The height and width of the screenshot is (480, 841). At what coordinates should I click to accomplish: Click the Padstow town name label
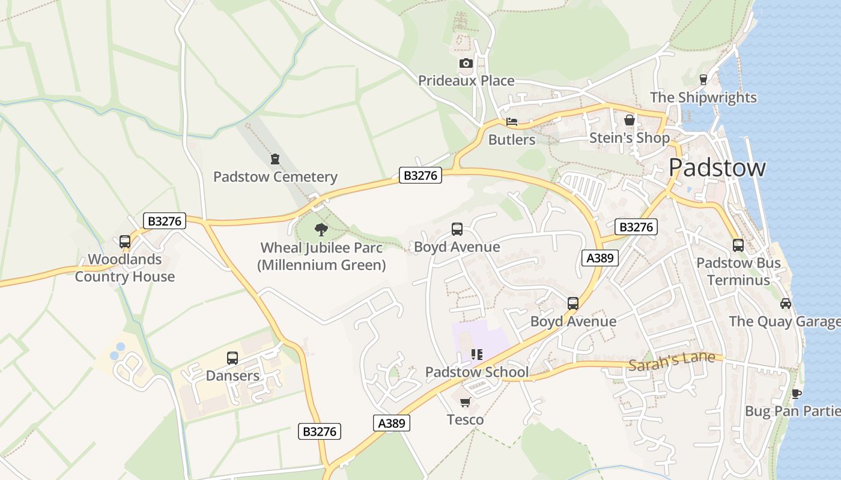(x=717, y=167)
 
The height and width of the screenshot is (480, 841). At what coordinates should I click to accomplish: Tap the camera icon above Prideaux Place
(x=466, y=63)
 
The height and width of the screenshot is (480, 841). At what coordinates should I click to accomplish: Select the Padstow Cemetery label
(x=275, y=177)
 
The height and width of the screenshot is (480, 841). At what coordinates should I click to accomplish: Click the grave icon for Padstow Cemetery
(x=275, y=159)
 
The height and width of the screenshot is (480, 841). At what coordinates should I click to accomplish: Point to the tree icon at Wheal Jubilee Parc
(x=321, y=229)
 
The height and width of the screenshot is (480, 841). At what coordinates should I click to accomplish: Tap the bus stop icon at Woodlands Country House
(x=125, y=242)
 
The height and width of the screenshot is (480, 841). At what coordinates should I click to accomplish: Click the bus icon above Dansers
(x=232, y=358)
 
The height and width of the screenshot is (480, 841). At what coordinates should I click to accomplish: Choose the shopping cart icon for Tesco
(x=465, y=402)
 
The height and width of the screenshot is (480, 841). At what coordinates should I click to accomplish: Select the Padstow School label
(x=477, y=372)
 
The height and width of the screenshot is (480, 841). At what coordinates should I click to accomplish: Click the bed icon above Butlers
(x=511, y=122)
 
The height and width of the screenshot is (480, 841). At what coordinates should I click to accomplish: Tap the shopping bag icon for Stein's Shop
(x=629, y=120)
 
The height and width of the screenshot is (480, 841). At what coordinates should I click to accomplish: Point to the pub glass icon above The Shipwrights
(x=703, y=80)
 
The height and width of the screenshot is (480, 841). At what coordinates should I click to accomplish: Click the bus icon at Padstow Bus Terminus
(x=738, y=245)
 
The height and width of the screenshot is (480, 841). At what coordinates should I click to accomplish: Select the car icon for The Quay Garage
(x=785, y=303)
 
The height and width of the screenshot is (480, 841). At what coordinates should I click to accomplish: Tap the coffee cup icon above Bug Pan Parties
(x=796, y=394)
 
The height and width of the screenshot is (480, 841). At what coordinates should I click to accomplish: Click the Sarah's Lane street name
(x=672, y=360)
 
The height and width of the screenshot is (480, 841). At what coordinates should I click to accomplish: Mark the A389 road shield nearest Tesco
(x=392, y=423)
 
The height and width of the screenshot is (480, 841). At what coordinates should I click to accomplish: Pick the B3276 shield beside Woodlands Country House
(x=165, y=221)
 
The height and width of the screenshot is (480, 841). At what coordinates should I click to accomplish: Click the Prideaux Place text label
(x=466, y=80)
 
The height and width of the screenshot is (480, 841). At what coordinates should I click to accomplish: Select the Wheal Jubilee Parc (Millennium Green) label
(x=321, y=256)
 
